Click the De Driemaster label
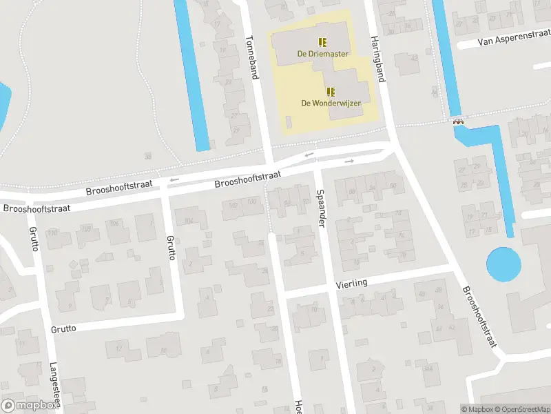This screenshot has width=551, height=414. point(322,54)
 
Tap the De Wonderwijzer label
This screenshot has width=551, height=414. point(331,103)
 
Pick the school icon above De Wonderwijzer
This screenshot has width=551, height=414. point(331,91)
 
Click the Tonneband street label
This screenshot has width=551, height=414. point(253,57)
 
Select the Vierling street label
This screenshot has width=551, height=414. point(351,283)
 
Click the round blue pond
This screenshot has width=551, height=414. point(503,264)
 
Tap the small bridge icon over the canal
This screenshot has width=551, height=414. point(459,121)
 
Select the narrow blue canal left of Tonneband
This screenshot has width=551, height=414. point(192,76)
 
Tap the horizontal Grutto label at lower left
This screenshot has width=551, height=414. point(63,328)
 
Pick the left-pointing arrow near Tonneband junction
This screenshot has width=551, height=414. point(309,154)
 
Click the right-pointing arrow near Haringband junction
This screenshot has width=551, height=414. point(349,161)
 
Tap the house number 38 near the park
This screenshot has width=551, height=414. point(148,157)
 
